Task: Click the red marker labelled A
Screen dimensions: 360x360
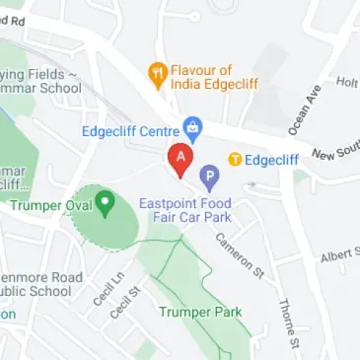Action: click(180, 158)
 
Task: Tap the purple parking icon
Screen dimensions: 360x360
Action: click(209, 177)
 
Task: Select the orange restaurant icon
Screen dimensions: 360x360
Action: click(156, 71)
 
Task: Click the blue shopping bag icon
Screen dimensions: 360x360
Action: click(193, 128)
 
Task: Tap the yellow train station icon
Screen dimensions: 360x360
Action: click(235, 159)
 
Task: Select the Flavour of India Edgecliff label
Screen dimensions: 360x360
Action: click(214, 78)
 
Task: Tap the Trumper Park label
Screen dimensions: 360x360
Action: click(200, 313)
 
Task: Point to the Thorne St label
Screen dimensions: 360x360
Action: click(287, 317)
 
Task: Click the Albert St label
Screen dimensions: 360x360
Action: click(339, 256)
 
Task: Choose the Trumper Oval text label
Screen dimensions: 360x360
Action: click(50, 205)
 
